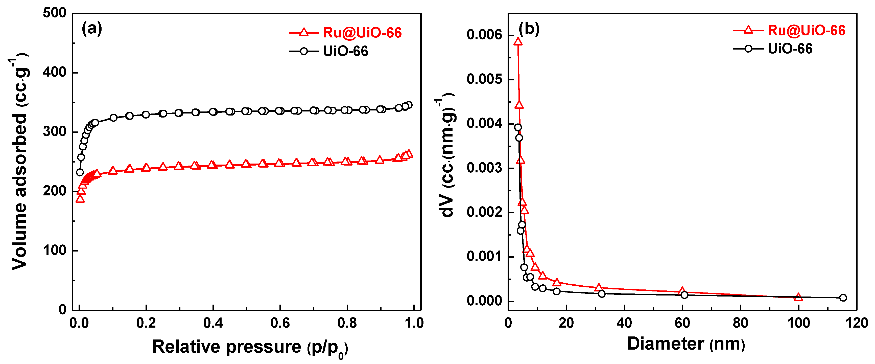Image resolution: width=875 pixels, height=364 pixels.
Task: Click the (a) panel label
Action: [92, 29]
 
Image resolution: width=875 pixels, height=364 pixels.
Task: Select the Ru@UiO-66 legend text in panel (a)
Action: [362, 33]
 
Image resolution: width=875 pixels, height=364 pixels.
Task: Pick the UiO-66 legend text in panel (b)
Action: [790, 49]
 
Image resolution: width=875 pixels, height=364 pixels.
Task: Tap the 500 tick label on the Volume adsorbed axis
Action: [55, 13]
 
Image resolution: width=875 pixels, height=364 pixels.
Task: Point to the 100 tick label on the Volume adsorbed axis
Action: [55, 251]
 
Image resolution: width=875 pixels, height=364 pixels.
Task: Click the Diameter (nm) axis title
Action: [686, 344]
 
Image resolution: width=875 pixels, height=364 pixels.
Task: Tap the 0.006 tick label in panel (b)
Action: [484, 35]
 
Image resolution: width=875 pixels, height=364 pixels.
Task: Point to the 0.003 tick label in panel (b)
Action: [484, 168]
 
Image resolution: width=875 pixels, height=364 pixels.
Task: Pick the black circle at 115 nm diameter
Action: [843, 298]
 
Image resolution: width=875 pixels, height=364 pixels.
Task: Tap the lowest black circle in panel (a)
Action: [80, 172]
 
